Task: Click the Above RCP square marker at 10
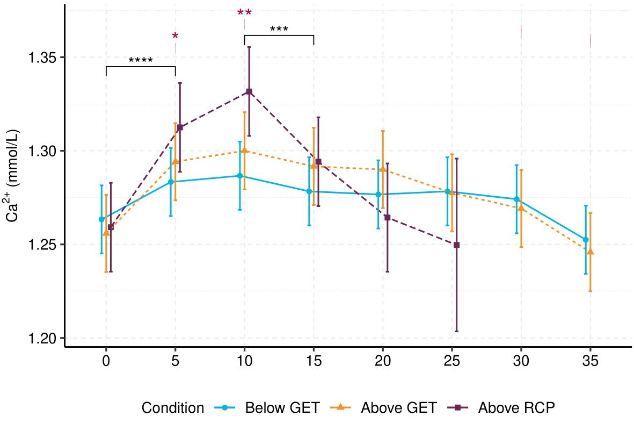coord(249,92)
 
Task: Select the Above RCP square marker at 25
coord(456,245)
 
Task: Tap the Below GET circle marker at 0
coord(101,219)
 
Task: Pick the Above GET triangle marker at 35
coord(591,252)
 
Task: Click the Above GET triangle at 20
coord(383,169)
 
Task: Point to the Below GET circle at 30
coord(516,199)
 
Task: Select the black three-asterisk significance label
coord(279,30)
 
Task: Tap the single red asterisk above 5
coord(175,37)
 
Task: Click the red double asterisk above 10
coord(244,13)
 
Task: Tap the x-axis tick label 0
coord(106,361)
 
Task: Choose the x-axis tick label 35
coord(591,361)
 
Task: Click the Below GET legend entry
coord(268,408)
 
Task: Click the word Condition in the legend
coord(172,408)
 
